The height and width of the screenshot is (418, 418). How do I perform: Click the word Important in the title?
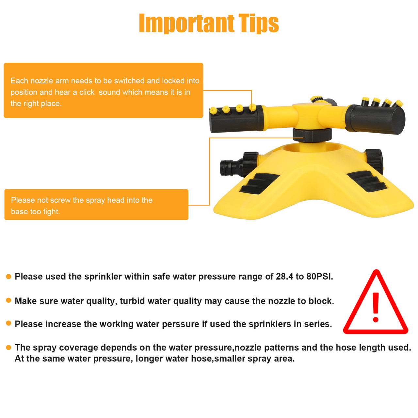[186, 23]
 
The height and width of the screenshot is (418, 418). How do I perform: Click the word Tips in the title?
[259, 23]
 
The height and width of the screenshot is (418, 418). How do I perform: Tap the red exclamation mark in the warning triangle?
[376, 307]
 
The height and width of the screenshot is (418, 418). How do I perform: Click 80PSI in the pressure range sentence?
[319, 277]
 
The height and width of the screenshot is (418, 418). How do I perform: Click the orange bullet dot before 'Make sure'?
[9, 300]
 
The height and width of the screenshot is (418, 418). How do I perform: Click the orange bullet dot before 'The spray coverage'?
[9, 347]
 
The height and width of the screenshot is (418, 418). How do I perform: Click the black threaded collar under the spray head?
[312, 135]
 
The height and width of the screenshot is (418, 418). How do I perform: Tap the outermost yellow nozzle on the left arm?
[214, 111]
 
